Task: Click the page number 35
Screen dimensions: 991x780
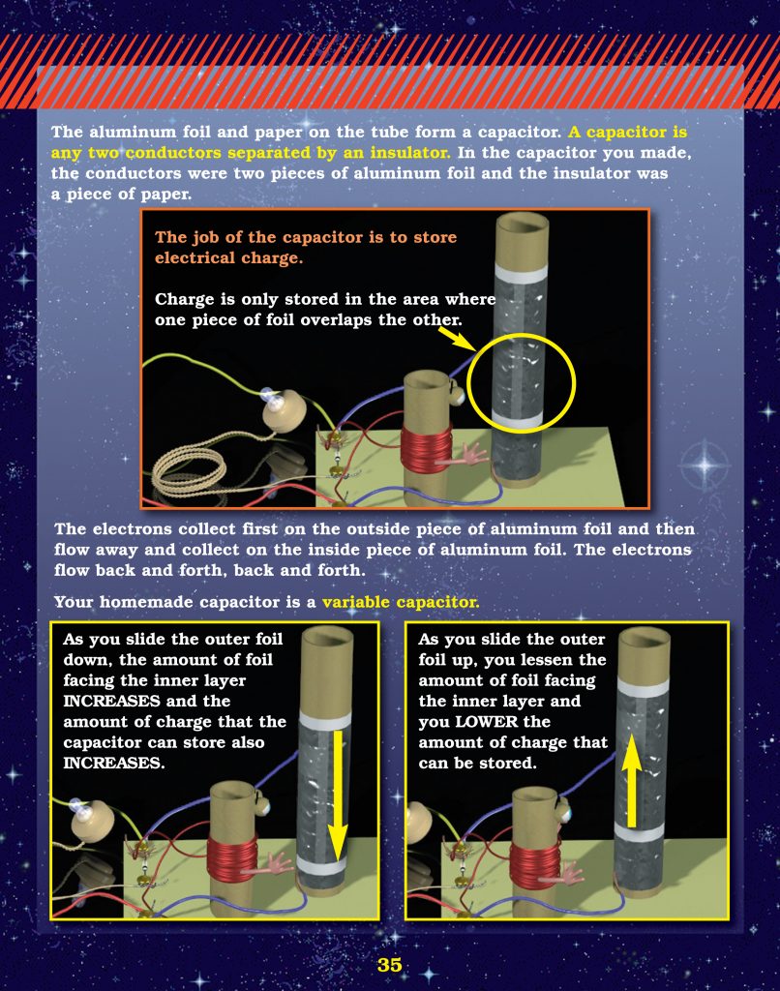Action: [x=389, y=965]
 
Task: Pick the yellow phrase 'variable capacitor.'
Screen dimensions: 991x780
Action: [x=400, y=602]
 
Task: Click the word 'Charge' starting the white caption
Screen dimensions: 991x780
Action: [x=183, y=300]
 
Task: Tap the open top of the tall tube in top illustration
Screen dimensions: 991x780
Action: [x=522, y=225]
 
